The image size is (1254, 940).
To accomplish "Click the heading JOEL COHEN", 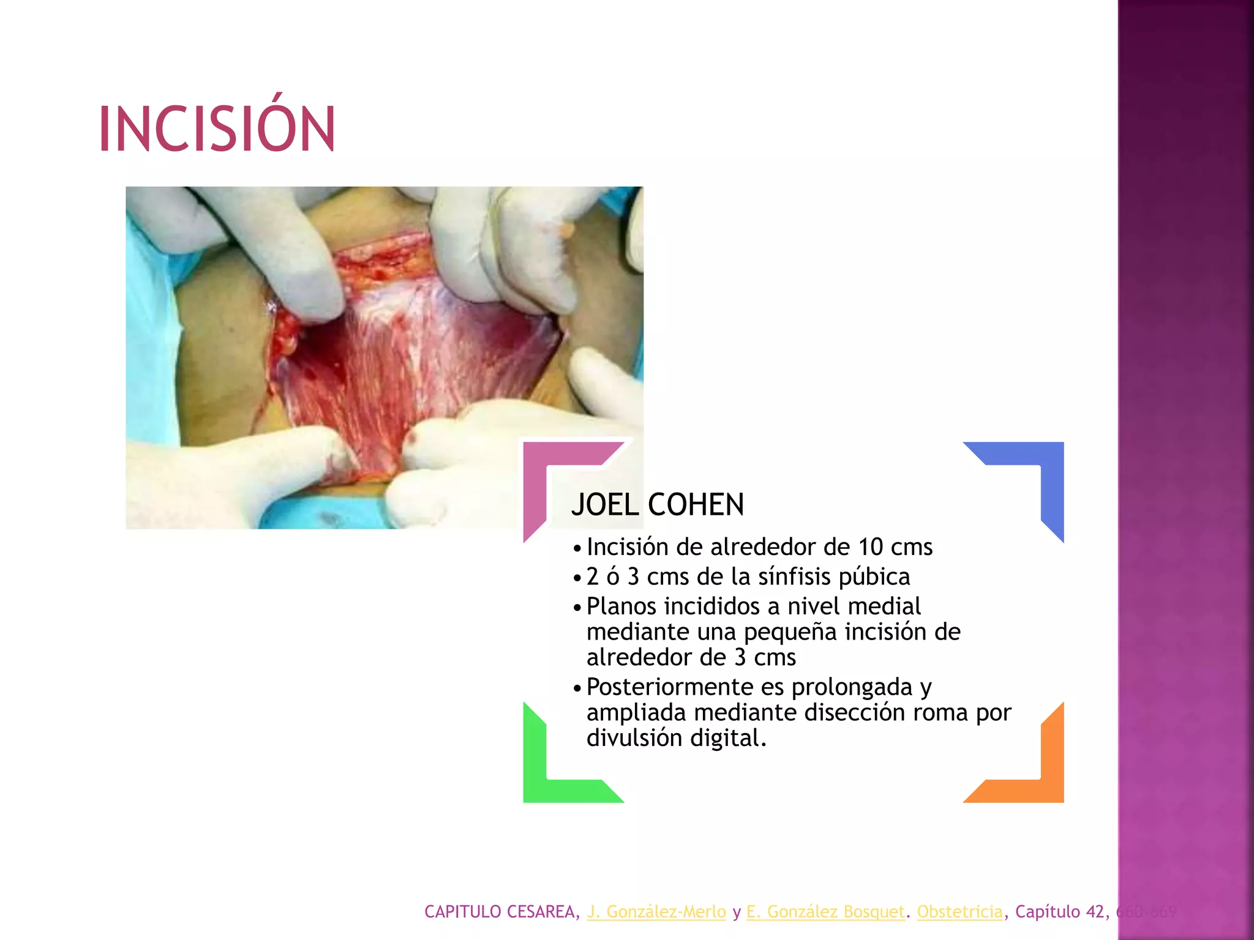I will (x=657, y=505).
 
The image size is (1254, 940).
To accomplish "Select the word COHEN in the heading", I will (x=696, y=505).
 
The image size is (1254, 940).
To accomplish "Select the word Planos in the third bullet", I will (x=621, y=606).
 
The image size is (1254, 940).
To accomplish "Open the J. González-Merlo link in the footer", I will (x=656, y=912).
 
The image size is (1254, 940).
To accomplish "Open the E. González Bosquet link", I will (x=825, y=912).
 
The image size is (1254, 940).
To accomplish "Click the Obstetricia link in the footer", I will (x=959, y=912).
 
